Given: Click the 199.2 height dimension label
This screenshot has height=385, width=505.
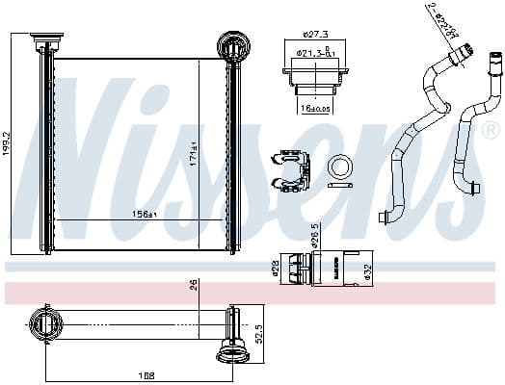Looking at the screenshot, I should [x=8, y=144].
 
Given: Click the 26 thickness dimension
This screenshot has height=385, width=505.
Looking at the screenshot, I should [x=194, y=284].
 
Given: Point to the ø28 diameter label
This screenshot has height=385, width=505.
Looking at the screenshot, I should [x=274, y=267].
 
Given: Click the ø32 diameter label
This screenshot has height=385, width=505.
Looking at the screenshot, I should [x=367, y=272].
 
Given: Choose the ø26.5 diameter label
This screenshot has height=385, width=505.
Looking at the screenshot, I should [x=314, y=234].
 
